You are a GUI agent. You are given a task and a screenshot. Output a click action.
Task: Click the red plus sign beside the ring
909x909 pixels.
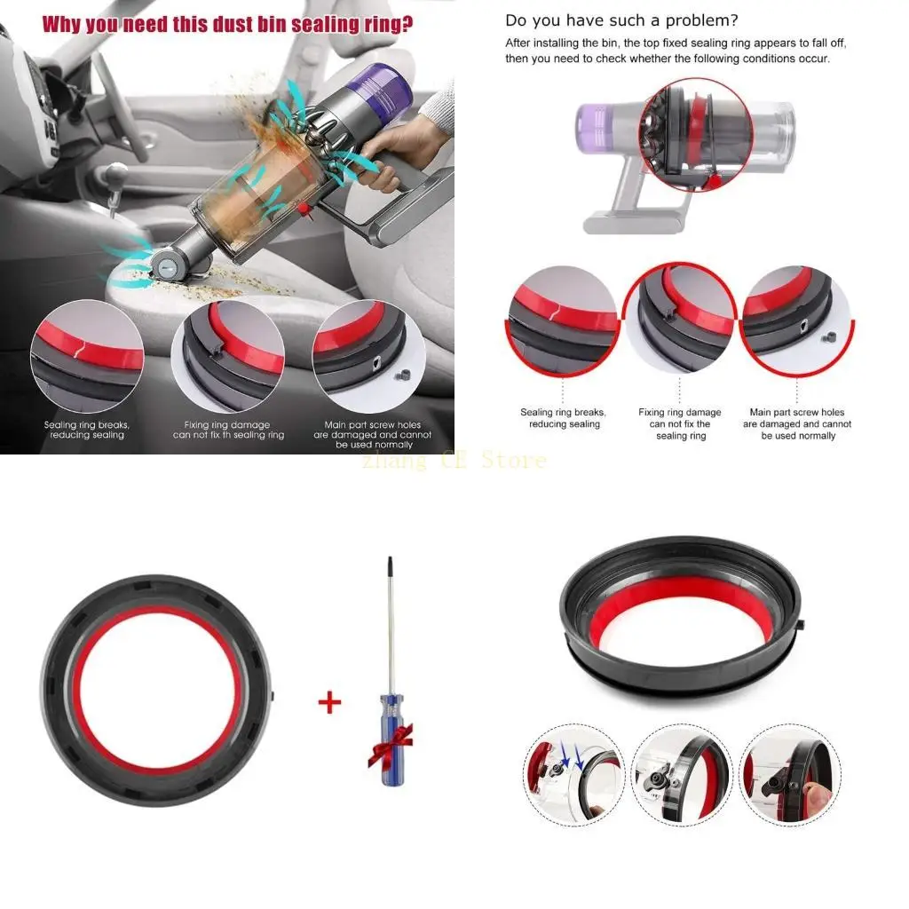[329, 703]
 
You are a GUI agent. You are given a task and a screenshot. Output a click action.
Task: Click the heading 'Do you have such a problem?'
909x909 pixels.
[621, 20]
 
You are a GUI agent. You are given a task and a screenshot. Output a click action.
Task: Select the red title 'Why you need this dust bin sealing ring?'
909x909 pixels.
[227, 22]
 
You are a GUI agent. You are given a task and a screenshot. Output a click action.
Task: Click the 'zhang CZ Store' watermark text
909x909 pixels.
[454, 461]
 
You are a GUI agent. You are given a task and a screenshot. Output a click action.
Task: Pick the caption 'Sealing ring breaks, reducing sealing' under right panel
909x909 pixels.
[563, 418]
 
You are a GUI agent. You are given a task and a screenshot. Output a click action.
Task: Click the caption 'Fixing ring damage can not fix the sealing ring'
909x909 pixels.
[680, 424]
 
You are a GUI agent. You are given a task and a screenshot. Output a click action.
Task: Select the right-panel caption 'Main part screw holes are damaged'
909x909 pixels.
[797, 424]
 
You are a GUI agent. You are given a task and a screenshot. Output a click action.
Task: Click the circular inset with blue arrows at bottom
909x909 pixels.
[573, 769]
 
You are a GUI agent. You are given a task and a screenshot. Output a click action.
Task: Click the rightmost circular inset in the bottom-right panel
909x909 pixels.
[787, 769]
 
